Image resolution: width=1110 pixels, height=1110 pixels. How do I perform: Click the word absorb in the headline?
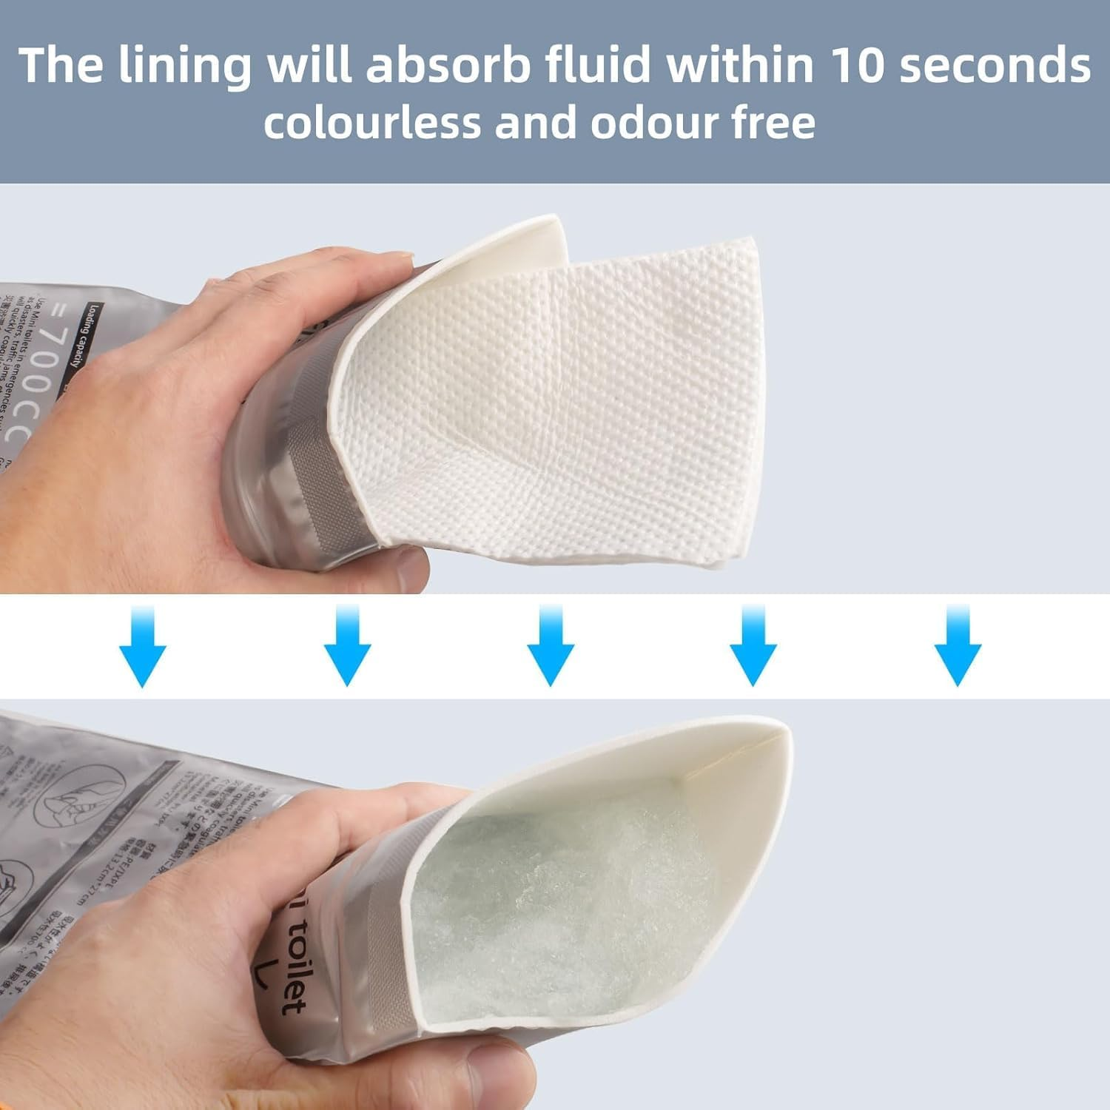pyautogui.click(x=448, y=65)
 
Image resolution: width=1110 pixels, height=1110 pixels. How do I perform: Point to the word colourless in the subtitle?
pyautogui.click(x=372, y=123)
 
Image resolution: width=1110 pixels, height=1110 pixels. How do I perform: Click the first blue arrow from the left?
pyautogui.click(x=142, y=645)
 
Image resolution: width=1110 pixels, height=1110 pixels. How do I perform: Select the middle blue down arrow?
pyautogui.click(x=550, y=645)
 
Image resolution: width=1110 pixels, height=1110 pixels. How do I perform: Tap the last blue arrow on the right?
pyautogui.click(x=958, y=645)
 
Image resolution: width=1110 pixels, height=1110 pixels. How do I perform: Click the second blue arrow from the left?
pyautogui.click(x=347, y=645)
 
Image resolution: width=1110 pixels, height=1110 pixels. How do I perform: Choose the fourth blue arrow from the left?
pyautogui.click(x=753, y=645)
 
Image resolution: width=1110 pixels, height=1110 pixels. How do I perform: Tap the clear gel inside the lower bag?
pyautogui.click(x=562, y=910)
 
